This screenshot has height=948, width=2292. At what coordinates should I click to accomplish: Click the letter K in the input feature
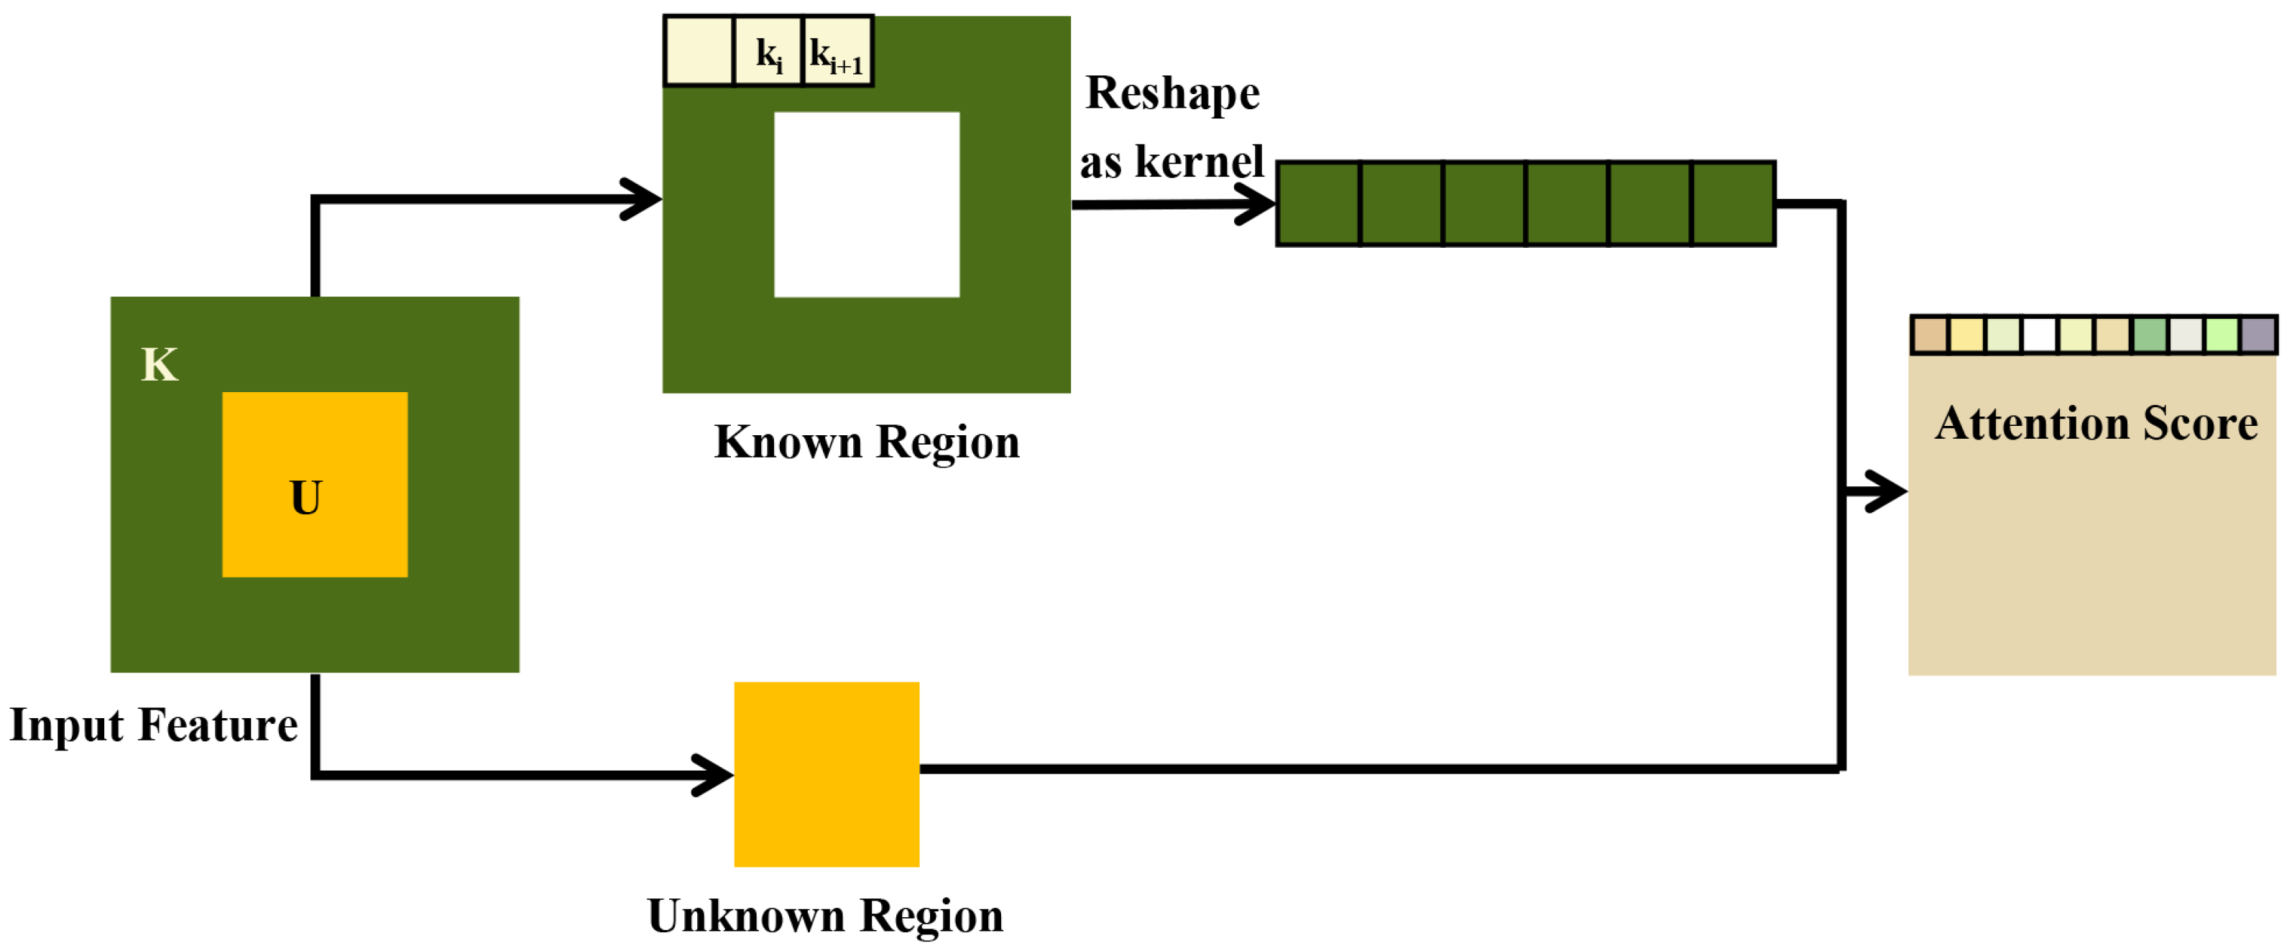[160, 365]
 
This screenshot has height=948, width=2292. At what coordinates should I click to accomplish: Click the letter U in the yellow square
[306, 498]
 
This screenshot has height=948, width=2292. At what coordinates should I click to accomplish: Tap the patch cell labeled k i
[768, 52]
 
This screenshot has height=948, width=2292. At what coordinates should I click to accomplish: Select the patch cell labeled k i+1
[837, 52]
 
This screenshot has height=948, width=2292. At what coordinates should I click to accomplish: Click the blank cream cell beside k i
[699, 52]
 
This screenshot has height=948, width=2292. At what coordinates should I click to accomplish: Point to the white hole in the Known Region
[867, 205]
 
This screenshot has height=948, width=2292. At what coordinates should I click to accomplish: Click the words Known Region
[867, 442]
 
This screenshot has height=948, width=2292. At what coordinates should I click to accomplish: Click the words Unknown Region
[825, 916]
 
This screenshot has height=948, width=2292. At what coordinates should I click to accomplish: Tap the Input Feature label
[153, 725]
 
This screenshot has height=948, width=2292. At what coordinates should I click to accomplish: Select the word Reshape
[1173, 93]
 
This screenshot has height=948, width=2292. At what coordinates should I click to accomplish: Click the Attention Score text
[2097, 424]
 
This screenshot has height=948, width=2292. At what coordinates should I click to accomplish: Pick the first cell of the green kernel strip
[1319, 204]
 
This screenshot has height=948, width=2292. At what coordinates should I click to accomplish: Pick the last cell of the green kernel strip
[1732, 204]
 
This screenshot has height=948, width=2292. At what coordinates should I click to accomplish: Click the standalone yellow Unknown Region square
[827, 773]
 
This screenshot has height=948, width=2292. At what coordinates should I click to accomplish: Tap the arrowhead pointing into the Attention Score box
[1886, 491]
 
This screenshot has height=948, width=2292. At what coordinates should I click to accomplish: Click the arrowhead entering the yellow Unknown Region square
[714, 775]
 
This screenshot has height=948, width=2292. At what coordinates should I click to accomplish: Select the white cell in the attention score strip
[2039, 335]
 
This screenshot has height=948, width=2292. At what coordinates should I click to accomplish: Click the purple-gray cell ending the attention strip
[2258, 335]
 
